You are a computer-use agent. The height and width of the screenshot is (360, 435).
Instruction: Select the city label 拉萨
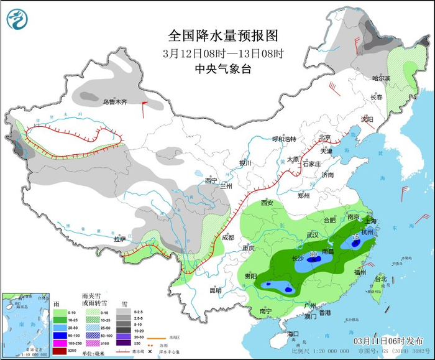pyautogui.click(x=119, y=239)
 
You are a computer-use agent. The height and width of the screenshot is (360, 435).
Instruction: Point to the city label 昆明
pyautogui.click(x=214, y=290)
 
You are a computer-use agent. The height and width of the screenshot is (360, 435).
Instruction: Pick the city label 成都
pyautogui.click(x=227, y=237)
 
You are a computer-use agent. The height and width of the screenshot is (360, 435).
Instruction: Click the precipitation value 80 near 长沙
pyautogui.click(x=313, y=254)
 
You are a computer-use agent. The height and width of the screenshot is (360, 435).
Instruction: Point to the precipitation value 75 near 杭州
pyautogui.click(x=356, y=237)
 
